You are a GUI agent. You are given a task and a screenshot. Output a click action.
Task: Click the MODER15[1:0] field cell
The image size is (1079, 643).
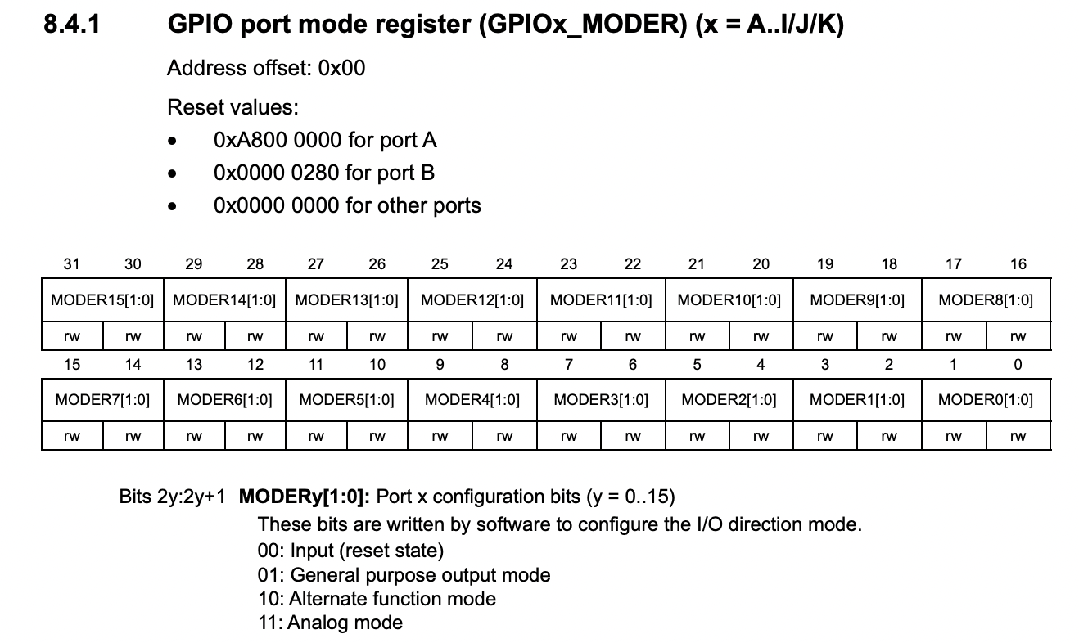pyautogui.click(x=102, y=300)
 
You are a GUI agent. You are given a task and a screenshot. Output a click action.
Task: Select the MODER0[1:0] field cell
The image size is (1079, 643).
pyautogui.click(x=986, y=400)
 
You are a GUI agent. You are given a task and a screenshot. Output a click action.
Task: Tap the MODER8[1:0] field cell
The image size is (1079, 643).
pyautogui.click(x=986, y=300)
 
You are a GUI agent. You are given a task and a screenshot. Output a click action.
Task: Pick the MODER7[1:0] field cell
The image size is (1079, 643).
pyautogui.click(x=102, y=400)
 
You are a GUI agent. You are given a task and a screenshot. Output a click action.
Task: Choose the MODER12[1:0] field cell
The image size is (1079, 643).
pyautogui.click(x=472, y=300)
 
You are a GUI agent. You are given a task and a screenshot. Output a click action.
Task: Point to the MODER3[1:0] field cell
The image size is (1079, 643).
pyautogui.click(x=601, y=400)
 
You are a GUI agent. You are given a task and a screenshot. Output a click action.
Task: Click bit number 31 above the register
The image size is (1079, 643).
pyautogui.click(x=72, y=263)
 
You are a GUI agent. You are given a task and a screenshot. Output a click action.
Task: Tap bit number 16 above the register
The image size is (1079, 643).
pyautogui.click(x=1018, y=263)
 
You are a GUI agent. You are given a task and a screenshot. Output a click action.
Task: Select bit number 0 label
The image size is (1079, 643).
pyautogui.click(x=1018, y=365)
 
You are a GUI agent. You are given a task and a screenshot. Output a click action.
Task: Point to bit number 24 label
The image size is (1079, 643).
pyautogui.click(x=504, y=263)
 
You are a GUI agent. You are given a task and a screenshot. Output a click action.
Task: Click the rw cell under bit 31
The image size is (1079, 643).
pyautogui.click(x=72, y=336)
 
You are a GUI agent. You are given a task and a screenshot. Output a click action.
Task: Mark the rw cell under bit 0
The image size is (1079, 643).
pyautogui.click(x=1018, y=436)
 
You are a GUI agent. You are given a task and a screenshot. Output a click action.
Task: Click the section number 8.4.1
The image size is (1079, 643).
pyautogui.click(x=71, y=25)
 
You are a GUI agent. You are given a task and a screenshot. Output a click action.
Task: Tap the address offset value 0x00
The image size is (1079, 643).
pyautogui.click(x=341, y=69)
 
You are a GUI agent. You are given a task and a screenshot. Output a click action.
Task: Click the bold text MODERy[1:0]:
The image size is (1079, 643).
pyautogui.click(x=306, y=497)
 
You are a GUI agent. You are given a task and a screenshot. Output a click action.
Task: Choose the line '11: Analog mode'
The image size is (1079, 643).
pyautogui.click(x=330, y=623)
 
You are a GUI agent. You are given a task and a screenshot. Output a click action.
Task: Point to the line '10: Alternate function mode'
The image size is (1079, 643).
pyautogui.click(x=377, y=599)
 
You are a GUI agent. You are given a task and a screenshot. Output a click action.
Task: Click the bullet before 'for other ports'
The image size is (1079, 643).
pyautogui.click(x=172, y=206)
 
